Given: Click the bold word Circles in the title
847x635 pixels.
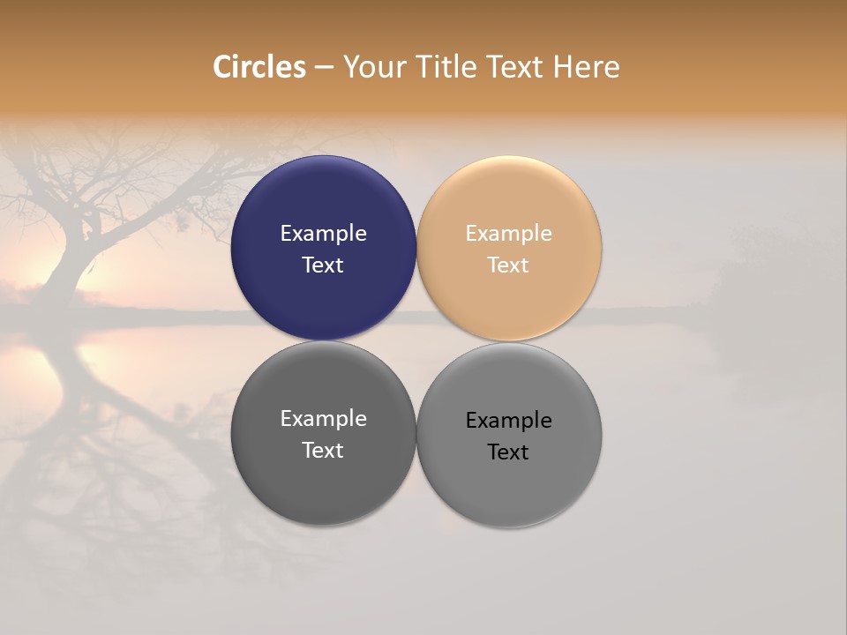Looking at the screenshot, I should (259, 67).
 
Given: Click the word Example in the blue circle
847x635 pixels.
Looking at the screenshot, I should (323, 234).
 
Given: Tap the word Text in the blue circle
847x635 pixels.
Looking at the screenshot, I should (323, 265).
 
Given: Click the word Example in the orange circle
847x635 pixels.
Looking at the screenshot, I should (508, 234).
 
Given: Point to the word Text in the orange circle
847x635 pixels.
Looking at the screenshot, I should (508, 265).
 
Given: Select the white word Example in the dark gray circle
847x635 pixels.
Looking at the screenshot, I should (323, 419).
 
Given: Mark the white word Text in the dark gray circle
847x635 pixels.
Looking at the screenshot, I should (323, 451).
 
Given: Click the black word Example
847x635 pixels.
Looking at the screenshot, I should (508, 421).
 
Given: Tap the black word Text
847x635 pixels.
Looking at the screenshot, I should (508, 452).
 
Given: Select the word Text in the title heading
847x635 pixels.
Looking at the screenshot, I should (516, 67).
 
